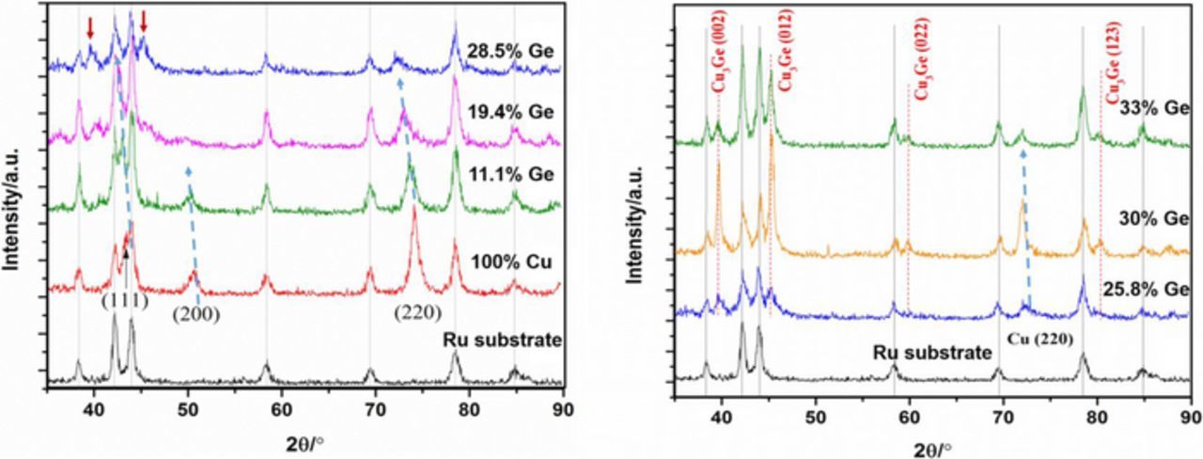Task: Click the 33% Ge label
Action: (1149, 108)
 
